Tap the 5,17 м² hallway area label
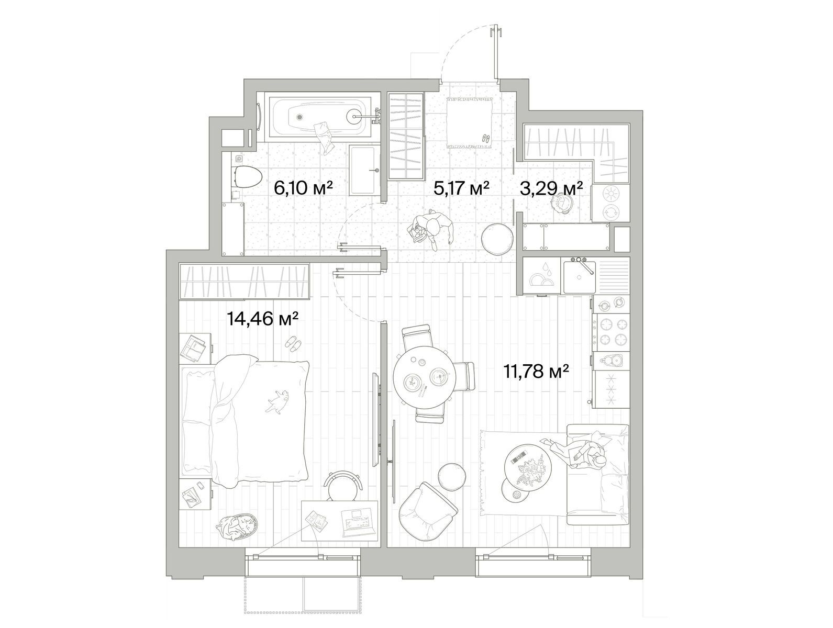coord(461,188)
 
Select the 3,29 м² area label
coord(551,188)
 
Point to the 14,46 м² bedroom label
coord(262,319)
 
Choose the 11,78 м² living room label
coord(536,371)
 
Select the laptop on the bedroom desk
coord(358,522)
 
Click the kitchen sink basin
coord(579,276)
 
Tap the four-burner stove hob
coord(613,332)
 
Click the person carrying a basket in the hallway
coord(431,230)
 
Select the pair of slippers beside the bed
coord(293,343)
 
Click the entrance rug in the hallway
coord(470,122)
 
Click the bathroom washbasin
coord(364,170)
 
